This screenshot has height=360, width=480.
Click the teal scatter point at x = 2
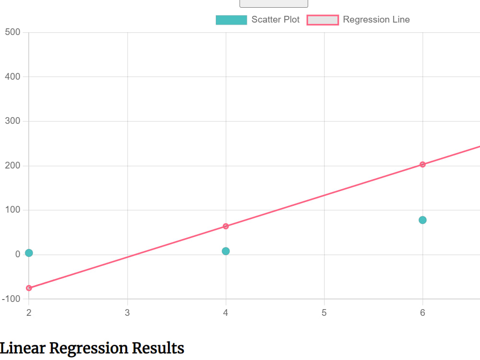29,253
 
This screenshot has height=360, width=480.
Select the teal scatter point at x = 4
226,251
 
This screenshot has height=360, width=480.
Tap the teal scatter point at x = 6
422,220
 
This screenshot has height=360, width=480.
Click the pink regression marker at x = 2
29,288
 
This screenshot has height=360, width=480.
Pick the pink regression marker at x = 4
226,226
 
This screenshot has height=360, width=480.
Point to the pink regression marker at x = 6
422,164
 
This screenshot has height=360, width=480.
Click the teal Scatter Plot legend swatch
231,20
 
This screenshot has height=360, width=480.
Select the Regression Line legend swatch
323,20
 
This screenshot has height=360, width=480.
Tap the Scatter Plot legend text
275,20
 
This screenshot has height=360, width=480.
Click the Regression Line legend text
376,20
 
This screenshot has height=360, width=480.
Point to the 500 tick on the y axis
12,32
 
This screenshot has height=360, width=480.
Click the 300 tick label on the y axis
12,121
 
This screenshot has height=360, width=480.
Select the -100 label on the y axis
11,299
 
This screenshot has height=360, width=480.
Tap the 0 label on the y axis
18,254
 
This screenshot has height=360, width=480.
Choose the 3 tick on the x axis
127,312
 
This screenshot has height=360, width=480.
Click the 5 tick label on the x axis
324,312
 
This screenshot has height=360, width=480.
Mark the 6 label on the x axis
422,312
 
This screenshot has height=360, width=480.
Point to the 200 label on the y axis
12,166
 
